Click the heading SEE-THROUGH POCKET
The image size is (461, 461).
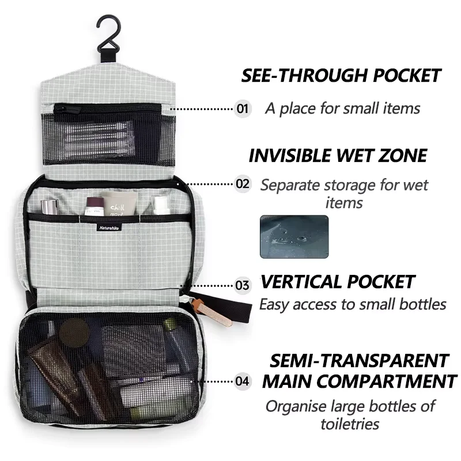click(x=341, y=75)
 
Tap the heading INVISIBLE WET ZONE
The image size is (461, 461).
click(x=338, y=156)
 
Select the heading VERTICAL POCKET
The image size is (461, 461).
click(x=337, y=282)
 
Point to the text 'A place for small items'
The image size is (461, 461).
click(x=342, y=108)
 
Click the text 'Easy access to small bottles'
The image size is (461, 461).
click(x=352, y=304)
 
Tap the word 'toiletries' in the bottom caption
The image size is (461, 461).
click(x=350, y=424)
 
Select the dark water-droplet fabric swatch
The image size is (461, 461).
click(x=294, y=237)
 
